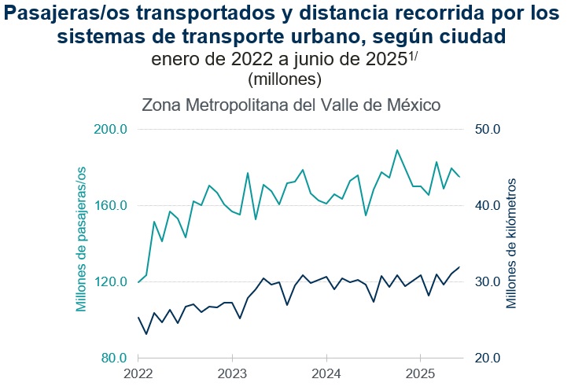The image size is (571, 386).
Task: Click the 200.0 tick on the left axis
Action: point(112,130)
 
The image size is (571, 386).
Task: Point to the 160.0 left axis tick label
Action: point(112,206)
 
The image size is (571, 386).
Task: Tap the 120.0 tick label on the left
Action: point(112,282)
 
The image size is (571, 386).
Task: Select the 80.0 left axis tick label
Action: point(115,358)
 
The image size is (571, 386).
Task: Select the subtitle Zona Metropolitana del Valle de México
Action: point(290,105)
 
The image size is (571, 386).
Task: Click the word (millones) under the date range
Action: point(285,79)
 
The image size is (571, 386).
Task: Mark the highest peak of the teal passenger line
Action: point(397,149)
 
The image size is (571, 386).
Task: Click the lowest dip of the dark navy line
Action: point(146,334)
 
